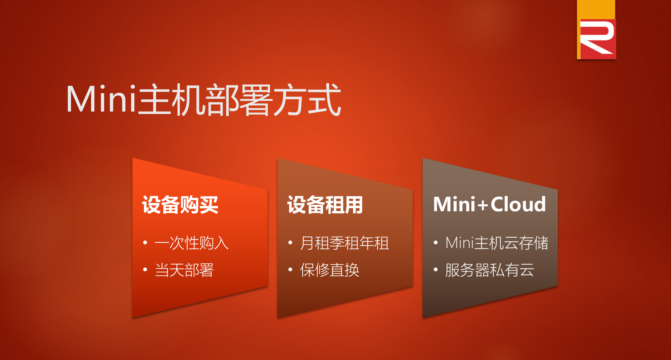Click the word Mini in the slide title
coord(101,99)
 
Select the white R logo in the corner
coord(596,38)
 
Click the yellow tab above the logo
coord(596,9)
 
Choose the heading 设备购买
coord(180,205)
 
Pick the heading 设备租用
coord(325,205)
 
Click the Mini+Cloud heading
coord(490,204)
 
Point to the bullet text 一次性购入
coord(192,243)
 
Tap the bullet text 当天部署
coord(184,270)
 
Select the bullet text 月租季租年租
coord(345,243)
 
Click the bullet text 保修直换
coord(330,270)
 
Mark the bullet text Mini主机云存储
coord(497,243)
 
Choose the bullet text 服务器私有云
coord(490,270)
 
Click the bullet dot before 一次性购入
coord(145,242)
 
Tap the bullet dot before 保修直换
coord(290,270)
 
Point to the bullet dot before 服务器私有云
coord(436,270)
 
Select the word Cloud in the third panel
coord(518,204)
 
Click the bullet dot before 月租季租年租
coord(290,242)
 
